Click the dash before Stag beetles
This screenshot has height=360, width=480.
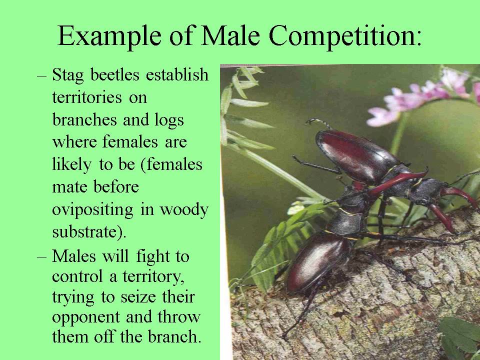click(43, 76)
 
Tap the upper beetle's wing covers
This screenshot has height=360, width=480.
click(352, 155)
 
